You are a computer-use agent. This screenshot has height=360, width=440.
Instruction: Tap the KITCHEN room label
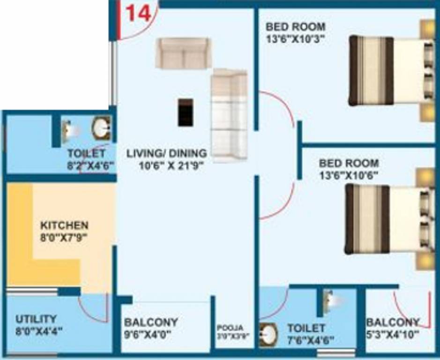coord(64,225)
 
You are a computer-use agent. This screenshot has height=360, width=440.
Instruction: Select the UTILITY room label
coord(36,319)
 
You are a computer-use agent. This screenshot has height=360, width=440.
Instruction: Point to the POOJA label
coord(232,328)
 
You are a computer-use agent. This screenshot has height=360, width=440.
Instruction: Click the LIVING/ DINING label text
coord(166,153)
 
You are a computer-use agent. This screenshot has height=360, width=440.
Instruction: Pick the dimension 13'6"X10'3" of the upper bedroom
coord(295,38)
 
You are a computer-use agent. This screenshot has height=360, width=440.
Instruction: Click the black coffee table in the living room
coord(186,112)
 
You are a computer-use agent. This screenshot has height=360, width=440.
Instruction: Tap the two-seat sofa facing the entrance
coord(184,53)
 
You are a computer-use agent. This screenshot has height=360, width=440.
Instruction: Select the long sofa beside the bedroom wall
coord(229,115)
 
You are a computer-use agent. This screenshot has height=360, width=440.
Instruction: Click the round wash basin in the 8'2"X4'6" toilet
coord(101,128)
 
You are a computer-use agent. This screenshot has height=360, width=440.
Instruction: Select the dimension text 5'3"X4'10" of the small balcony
coord(393,334)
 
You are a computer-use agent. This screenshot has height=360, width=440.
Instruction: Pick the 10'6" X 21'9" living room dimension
coord(172,165)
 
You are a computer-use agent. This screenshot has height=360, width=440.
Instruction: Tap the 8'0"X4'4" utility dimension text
coord(39,331)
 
